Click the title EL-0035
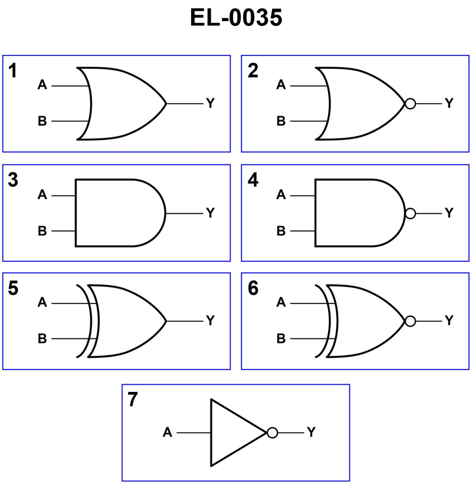pyautogui.click(x=236, y=18)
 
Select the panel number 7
pyautogui.click(x=133, y=400)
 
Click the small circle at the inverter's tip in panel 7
pyautogui.click(x=272, y=433)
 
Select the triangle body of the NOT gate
pyautogui.click(x=233, y=433)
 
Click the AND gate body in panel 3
pyautogui.click(x=118, y=213)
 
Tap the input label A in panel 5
pyautogui.click(x=42, y=303)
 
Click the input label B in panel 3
pyautogui.click(x=42, y=231)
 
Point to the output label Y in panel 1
pyautogui.click(x=210, y=104)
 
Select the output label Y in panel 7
pyautogui.click(x=311, y=433)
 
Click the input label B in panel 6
pyautogui.click(x=281, y=339)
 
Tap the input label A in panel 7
pyautogui.click(x=168, y=433)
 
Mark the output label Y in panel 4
pyautogui.click(x=449, y=213)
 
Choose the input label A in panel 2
pyautogui.click(x=281, y=85)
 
